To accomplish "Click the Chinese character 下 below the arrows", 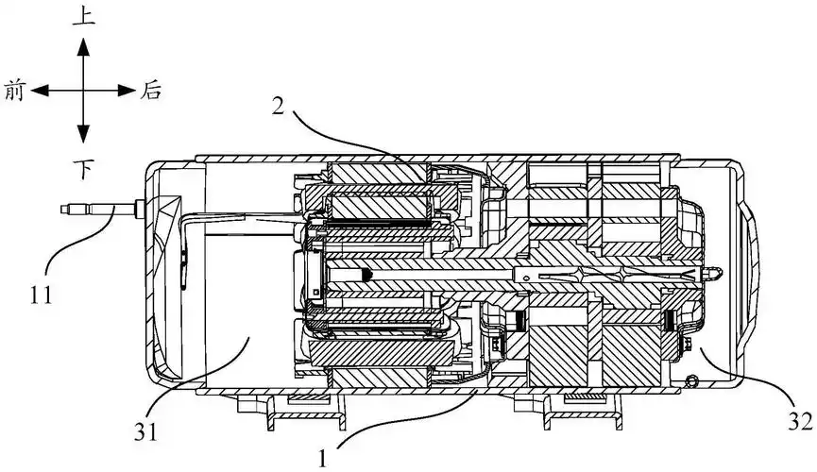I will [x=84, y=167].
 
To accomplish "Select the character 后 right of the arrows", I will [x=151, y=91].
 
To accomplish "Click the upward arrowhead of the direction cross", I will [x=83, y=44].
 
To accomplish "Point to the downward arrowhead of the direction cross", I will [x=83, y=134].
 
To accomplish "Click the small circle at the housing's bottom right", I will [x=696, y=380].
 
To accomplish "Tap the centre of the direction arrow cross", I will [x=83, y=91].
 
